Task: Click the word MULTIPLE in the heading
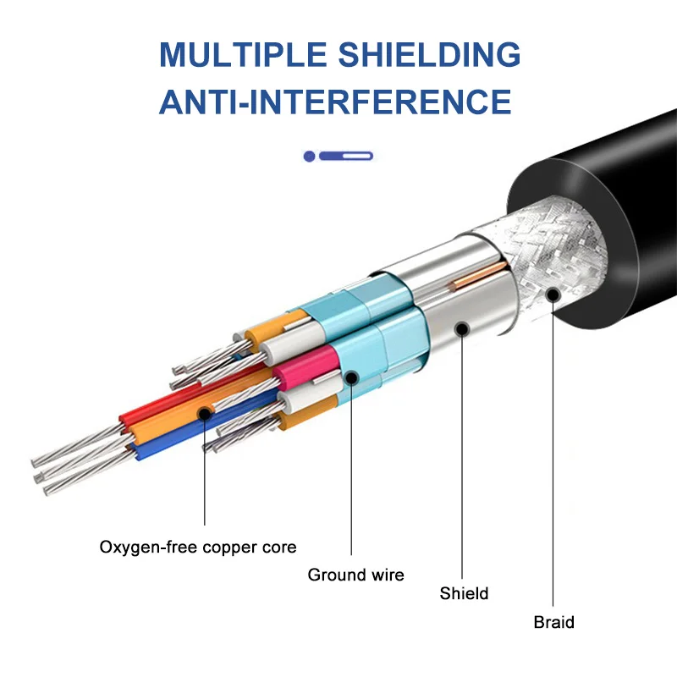pyautogui.click(x=243, y=54)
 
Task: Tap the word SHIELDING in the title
pyautogui.click(x=430, y=54)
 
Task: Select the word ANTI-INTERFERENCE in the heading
pyautogui.click(x=335, y=102)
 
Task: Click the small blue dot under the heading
pyautogui.click(x=309, y=156)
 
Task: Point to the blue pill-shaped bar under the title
pyautogui.click(x=346, y=156)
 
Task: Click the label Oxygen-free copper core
pyautogui.click(x=198, y=547)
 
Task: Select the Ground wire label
pyautogui.click(x=355, y=575)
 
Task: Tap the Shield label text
pyautogui.click(x=464, y=593)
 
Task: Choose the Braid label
pyautogui.click(x=553, y=622)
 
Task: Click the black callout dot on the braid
pyautogui.click(x=553, y=295)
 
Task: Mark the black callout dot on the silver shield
pyautogui.click(x=462, y=329)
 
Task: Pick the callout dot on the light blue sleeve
pyautogui.click(x=351, y=377)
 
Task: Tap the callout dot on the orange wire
pyautogui.click(x=204, y=414)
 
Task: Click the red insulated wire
pyautogui.click(x=173, y=396)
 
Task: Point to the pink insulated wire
pyautogui.click(x=307, y=366)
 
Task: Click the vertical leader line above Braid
pyautogui.click(x=553, y=454)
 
